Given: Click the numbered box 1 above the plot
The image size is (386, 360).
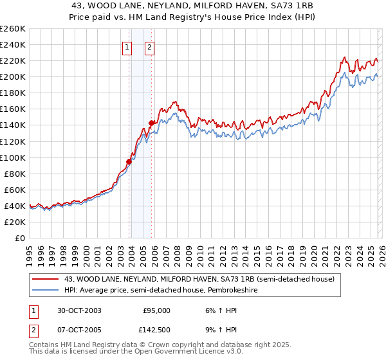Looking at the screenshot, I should (x=127, y=47).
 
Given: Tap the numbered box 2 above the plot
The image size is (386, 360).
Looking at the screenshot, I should (x=149, y=47).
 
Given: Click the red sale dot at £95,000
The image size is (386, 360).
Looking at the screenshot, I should (x=129, y=161).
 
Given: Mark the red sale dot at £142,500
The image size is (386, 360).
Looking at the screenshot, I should (x=151, y=123).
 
